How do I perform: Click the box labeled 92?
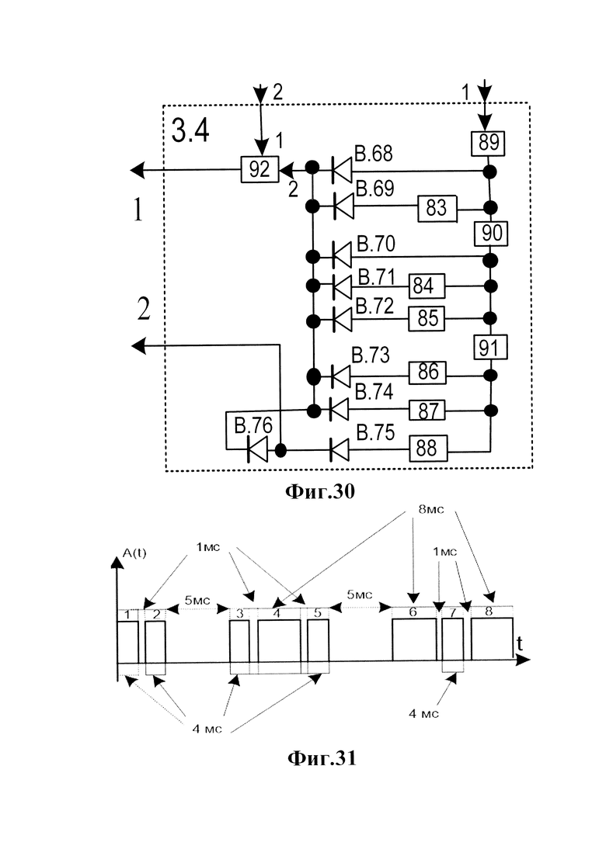coord(259,169)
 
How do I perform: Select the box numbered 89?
coord(489,143)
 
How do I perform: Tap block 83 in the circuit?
coord(437,208)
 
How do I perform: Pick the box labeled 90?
coord(491,233)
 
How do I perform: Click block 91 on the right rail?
coord(491,347)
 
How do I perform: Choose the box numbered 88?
coord(429,449)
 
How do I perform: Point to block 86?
coord(428,373)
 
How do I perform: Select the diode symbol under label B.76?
coord(257,449)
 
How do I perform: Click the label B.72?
coord(374,307)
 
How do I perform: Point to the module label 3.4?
coord(190,132)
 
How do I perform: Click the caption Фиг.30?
coord(320,492)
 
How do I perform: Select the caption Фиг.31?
coord(322,757)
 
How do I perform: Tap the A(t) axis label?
coord(134,553)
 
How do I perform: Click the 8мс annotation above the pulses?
coord(431,509)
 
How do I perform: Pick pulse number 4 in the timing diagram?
coord(279,639)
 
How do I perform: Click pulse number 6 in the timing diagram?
coord(414,639)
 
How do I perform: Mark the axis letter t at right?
coord(519,644)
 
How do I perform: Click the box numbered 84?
coord(427,286)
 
